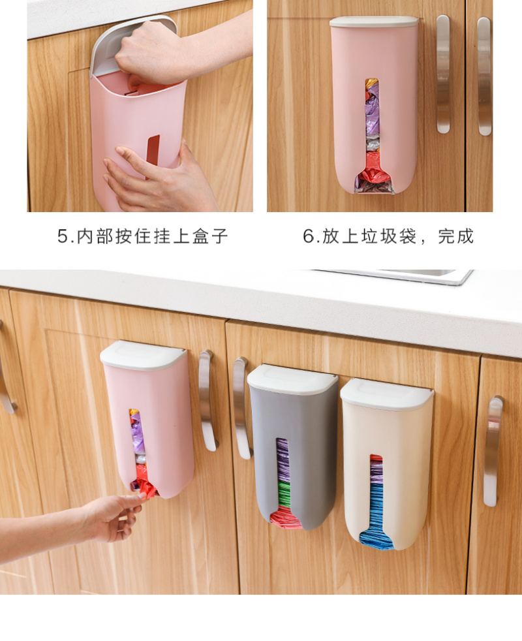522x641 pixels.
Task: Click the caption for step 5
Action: pyautogui.click(x=143, y=236)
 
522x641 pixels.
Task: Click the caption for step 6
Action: pyautogui.click(x=388, y=236)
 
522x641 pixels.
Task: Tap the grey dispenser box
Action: pyautogui.click(x=293, y=448)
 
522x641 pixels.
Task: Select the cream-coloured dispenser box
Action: pyautogui.click(x=387, y=464)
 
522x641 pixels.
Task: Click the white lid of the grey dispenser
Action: pyautogui.click(x=293, y=380)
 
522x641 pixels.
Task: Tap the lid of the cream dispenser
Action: pyautogui.click(x=387, y=394)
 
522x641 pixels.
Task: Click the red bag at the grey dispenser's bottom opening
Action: pyautogui.click(x=285, y=518)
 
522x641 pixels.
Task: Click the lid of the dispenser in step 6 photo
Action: pyautogui.click(x=374, y=22)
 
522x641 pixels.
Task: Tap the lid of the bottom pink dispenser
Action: pyautogui.click(x=143, y=354)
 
